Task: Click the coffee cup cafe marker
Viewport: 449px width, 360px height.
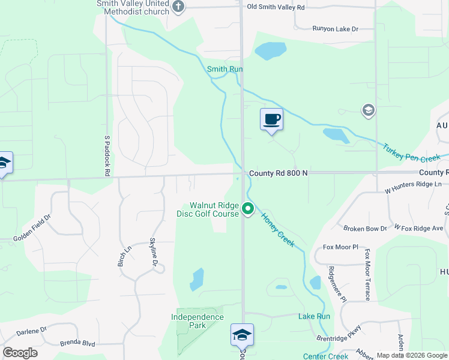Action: (271, 119)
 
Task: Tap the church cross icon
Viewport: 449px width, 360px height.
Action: (178, 7)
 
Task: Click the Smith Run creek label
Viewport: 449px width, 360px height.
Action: (225, 70)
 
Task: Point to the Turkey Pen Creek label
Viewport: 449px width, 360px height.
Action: (412, 152)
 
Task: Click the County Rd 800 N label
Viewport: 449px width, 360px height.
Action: (279, 173)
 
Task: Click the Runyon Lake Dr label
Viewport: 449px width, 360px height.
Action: (335, 29)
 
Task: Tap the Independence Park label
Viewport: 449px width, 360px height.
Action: (197, 321)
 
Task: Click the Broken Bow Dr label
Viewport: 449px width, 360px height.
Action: (365, 229)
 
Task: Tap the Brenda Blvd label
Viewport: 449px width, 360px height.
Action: (77, 344)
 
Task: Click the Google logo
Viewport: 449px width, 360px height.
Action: (20, 353)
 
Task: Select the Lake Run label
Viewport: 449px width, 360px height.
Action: (314, 316)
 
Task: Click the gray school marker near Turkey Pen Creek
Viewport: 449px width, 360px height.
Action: (368, 110)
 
